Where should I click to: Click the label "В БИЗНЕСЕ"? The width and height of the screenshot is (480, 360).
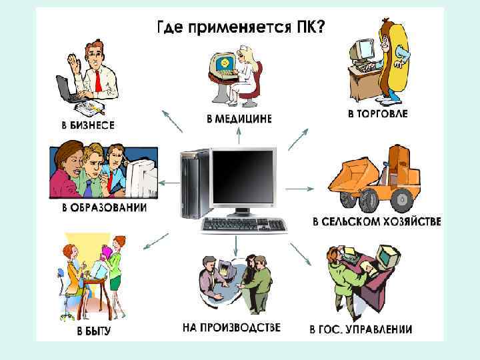pyautogui.click(x=83, y=125)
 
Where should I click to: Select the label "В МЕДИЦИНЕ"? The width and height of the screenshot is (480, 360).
pyautogui.click(x=239, y=119)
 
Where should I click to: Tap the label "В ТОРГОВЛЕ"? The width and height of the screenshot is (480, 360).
pyautogui.click(x=377, y=114)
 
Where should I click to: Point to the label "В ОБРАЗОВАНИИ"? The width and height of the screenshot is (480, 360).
pyautogui.click(x=104, y=207)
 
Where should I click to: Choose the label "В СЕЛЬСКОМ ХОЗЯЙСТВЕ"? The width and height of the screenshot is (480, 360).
pyautogui.click(x=377, y=221)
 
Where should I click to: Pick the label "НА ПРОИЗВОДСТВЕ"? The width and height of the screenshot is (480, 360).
pyautogui.click(x=231, y=328)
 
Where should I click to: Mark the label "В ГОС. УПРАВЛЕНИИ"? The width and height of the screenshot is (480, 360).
pyautogui.click(x=361, y=329)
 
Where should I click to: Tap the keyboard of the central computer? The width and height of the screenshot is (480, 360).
pyautogui.click(x=245, y=225)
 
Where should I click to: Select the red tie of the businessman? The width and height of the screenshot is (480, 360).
pyautogui.click(x=98, y=80)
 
